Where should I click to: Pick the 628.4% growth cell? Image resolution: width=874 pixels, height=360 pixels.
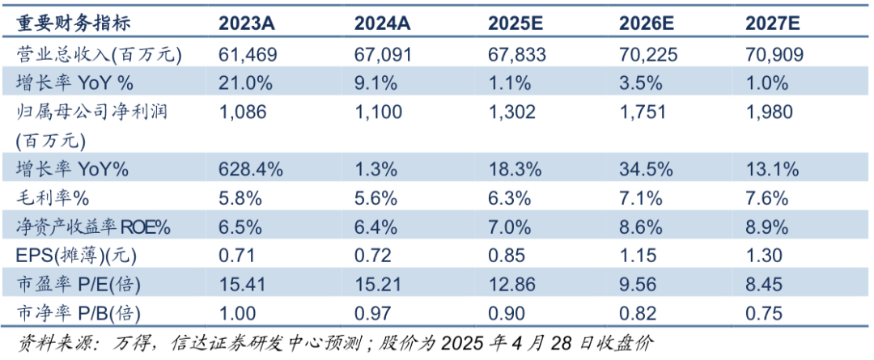pos(251,169)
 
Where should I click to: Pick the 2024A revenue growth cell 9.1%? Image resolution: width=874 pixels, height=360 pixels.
pos(375,83)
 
